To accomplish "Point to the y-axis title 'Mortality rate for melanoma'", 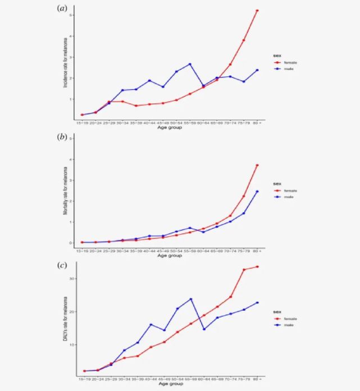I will pyautogui.click(x=65, y=194).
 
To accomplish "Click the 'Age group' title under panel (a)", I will pyautogui.click(x=170, y=127).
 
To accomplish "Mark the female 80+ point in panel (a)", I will pyautogui.click(x=257, y=11).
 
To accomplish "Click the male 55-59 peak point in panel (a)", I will pyautogui.click(x=190, y=64).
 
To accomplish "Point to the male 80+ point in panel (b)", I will pyautogui.click(x=257, y=192).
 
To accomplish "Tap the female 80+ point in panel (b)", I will pyautogui.click(x=257, y=165).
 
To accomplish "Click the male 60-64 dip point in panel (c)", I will pyautogui.click(x=204, y=329).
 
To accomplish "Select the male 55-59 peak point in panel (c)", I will pyautogui.click(x=190, y=299).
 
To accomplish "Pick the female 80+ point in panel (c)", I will pyautogui.click(x=257, y=267).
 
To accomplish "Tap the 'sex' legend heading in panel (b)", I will pyautogui.click(x=277, y=184).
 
